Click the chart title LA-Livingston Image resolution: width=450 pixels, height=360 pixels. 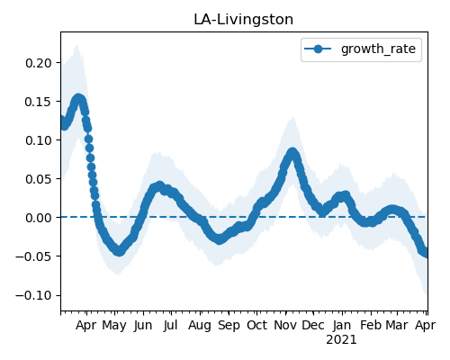pyautogui.click(x=243, y=20)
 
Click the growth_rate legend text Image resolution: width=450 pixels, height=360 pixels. pyautogui.click(x=378, y=49)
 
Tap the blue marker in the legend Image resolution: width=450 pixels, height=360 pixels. pyautogui.click(x=318, y=49)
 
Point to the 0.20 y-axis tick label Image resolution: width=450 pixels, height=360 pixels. pyautogui.click(x=39, y=63)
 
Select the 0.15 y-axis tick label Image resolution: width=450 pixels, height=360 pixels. pyautogui.click(x=39, y=102)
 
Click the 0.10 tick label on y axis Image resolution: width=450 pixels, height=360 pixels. pyautogui.click(x=39, y=140)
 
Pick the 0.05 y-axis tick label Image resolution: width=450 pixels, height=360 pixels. pyautogui.click(x=39, y=179)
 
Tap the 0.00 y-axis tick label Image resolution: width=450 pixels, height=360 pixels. pyautogui.click(x=39, y=218)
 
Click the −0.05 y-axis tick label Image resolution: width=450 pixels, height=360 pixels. pyautogui.click(x=33, y=256)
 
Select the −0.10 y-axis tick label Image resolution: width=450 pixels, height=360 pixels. pyautogui.click(x=33, y=295)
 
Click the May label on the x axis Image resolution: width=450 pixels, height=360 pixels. pyautogui.click(x=114, y=326)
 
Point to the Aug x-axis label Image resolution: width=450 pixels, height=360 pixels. pyautogui.click(x=200, y=326)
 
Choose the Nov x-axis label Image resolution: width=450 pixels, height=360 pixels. pyautogui.click(x=285, y=325)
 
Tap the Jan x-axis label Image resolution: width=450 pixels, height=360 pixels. pyautogui.click(x=342, y=325)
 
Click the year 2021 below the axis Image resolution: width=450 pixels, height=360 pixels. pyautogui.click(x=341, y=340)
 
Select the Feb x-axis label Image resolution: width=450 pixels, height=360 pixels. pyautogui.click(x=371, y=325)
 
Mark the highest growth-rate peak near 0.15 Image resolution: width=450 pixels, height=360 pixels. pyautogui.click(x=78, y=99)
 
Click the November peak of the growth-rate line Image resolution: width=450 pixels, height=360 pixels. pyautogui.click(x=292, y=152)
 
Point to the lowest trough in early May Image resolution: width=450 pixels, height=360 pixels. pyautogui.click(x=119, y=251)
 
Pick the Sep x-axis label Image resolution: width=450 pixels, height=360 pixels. pyautogui.click(x=229, y=326)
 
